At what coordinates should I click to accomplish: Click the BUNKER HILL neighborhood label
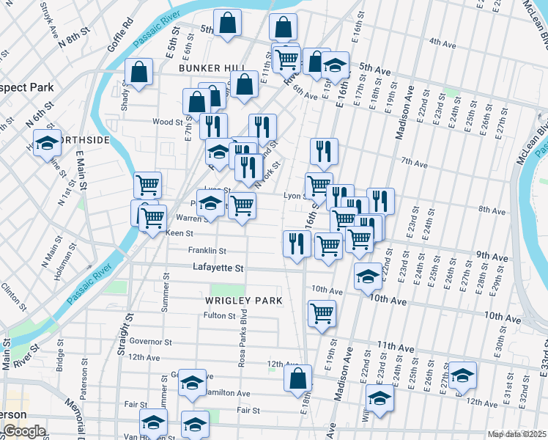205,67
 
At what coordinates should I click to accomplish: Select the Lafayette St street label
218,268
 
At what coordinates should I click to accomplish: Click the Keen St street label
179,234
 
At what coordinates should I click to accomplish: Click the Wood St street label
167,122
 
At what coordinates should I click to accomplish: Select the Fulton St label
219,316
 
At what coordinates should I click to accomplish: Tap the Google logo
24,431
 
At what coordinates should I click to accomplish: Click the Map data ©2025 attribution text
516,434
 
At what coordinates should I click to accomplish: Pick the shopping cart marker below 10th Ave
322,314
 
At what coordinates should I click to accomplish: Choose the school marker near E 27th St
462,375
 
